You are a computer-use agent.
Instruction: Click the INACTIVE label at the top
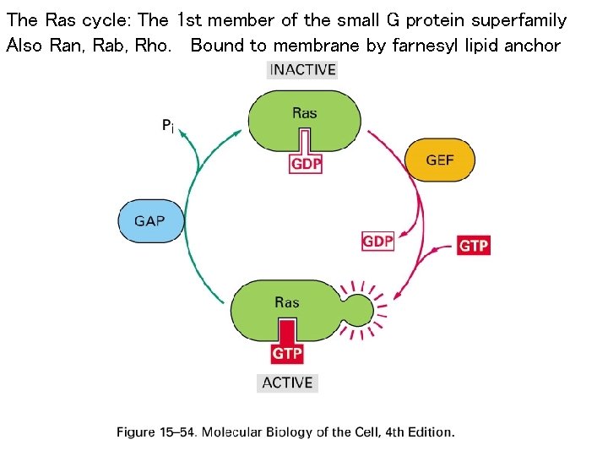pos(302,70)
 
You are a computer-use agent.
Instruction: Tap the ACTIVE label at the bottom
pos(287,383)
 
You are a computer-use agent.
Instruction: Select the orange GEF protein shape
pos(440,160)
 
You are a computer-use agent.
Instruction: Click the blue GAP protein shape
pos(149,220)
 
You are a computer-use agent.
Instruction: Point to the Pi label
pos(168,126)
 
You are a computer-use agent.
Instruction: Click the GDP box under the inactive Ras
pos(306,164)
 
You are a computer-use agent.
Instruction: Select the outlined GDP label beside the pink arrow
pos(377,242)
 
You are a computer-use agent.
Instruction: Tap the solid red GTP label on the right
pos(474,246)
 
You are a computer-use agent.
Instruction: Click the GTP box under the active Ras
pos(287,353)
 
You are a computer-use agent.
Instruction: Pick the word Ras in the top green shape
pos(305,112)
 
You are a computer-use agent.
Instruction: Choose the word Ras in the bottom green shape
pos(287,302)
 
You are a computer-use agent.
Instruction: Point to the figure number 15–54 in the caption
pos(177,432)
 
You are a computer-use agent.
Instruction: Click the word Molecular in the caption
pos(237,432)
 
